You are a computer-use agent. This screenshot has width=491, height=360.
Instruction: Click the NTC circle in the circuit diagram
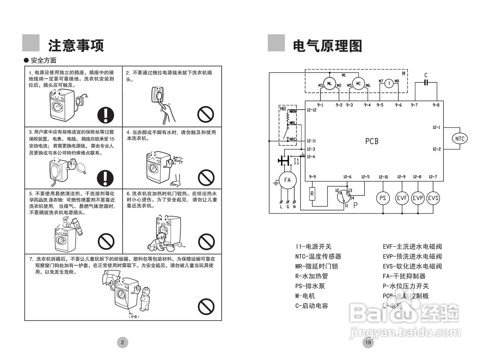tap(460, 138)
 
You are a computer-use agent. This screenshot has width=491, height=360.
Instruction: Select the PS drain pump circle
tap(382, 198)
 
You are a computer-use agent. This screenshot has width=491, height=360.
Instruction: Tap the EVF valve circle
tap(402, 198)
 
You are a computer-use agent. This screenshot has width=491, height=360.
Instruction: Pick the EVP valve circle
tap(418, 198)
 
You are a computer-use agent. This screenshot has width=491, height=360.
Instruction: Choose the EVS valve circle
tap(433, 198)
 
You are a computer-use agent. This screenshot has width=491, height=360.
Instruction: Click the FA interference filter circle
tap(287, 180)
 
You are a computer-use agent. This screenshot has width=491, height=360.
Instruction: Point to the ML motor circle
tap(329, 84)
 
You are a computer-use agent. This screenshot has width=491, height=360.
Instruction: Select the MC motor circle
tap(358, 84)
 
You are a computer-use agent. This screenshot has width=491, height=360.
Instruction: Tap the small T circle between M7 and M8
tap(389, 84)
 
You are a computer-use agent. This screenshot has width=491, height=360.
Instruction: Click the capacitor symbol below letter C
tap(426, 82)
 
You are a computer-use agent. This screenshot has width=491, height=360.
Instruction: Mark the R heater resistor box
tap(312, 194)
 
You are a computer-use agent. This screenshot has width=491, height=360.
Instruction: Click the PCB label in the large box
tap(371, 141)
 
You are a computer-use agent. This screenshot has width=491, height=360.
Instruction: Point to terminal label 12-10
tap(383, 177)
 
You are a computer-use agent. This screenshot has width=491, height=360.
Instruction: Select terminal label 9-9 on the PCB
tap(312, 177)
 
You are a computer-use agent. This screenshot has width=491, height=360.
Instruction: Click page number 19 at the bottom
tap(368, 342)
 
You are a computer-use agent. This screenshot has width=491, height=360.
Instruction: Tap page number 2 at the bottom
tap(122, 342)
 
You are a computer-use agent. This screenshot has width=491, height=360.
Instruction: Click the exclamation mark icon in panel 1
tap(106, 114)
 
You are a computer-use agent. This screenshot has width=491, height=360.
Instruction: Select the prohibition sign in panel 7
tap(206, 306)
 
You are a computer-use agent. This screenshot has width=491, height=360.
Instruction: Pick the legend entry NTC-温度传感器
tap(318, 256)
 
